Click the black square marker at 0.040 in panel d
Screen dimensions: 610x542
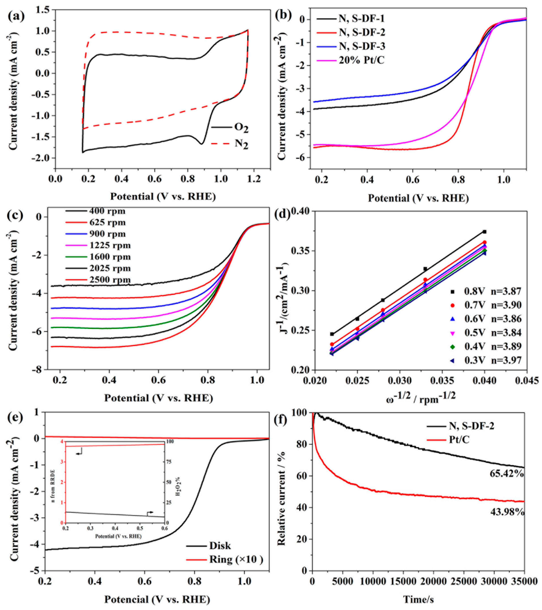click(484, 232)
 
